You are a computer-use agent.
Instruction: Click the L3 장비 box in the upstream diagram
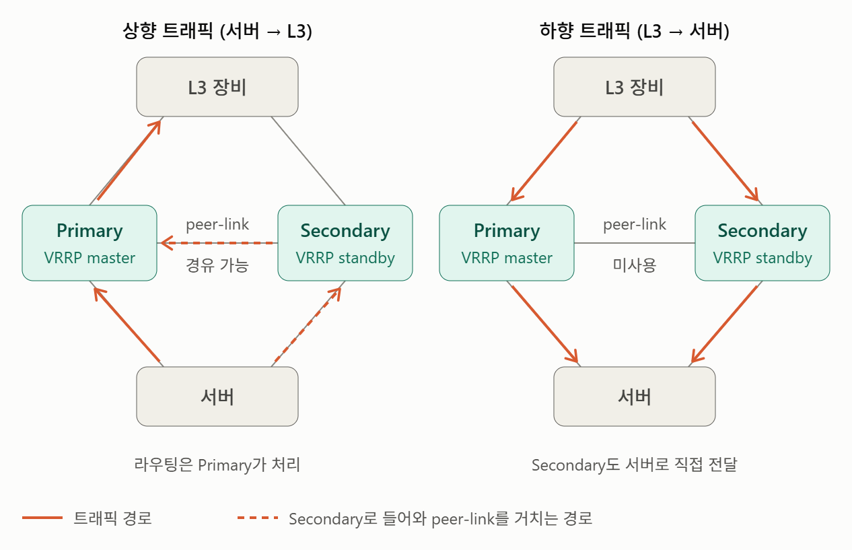(217, 87)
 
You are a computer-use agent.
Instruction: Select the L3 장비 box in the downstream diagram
(635, 87)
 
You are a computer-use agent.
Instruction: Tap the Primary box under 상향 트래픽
(90, 243)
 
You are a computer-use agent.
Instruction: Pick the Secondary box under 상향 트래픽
(345, 243)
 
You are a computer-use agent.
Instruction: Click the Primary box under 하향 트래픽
(507, 243)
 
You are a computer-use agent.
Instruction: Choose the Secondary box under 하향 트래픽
(762, 243)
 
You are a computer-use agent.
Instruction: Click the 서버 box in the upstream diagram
(217, 397)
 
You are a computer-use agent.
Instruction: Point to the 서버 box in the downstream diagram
(635, 397)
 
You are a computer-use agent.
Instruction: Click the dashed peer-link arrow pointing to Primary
(219, 242)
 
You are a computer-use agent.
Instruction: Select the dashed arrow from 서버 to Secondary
(308, 325)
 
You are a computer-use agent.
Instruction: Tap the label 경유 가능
(217, 265)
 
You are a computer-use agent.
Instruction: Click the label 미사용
(635, 265)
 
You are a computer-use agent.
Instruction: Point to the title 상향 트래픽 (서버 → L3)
(217, 31)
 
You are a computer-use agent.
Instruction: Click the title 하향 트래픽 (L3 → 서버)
(635, 31)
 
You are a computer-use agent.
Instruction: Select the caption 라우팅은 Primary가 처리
(217, 465)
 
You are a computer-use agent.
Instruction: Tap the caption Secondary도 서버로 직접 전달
(635, 465)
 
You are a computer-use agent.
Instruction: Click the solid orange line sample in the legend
(42, 518)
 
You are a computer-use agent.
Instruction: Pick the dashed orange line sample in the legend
(258, 518)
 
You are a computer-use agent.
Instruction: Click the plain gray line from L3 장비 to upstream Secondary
(308, 161)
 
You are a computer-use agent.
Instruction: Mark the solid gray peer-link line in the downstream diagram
(635, 242)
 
